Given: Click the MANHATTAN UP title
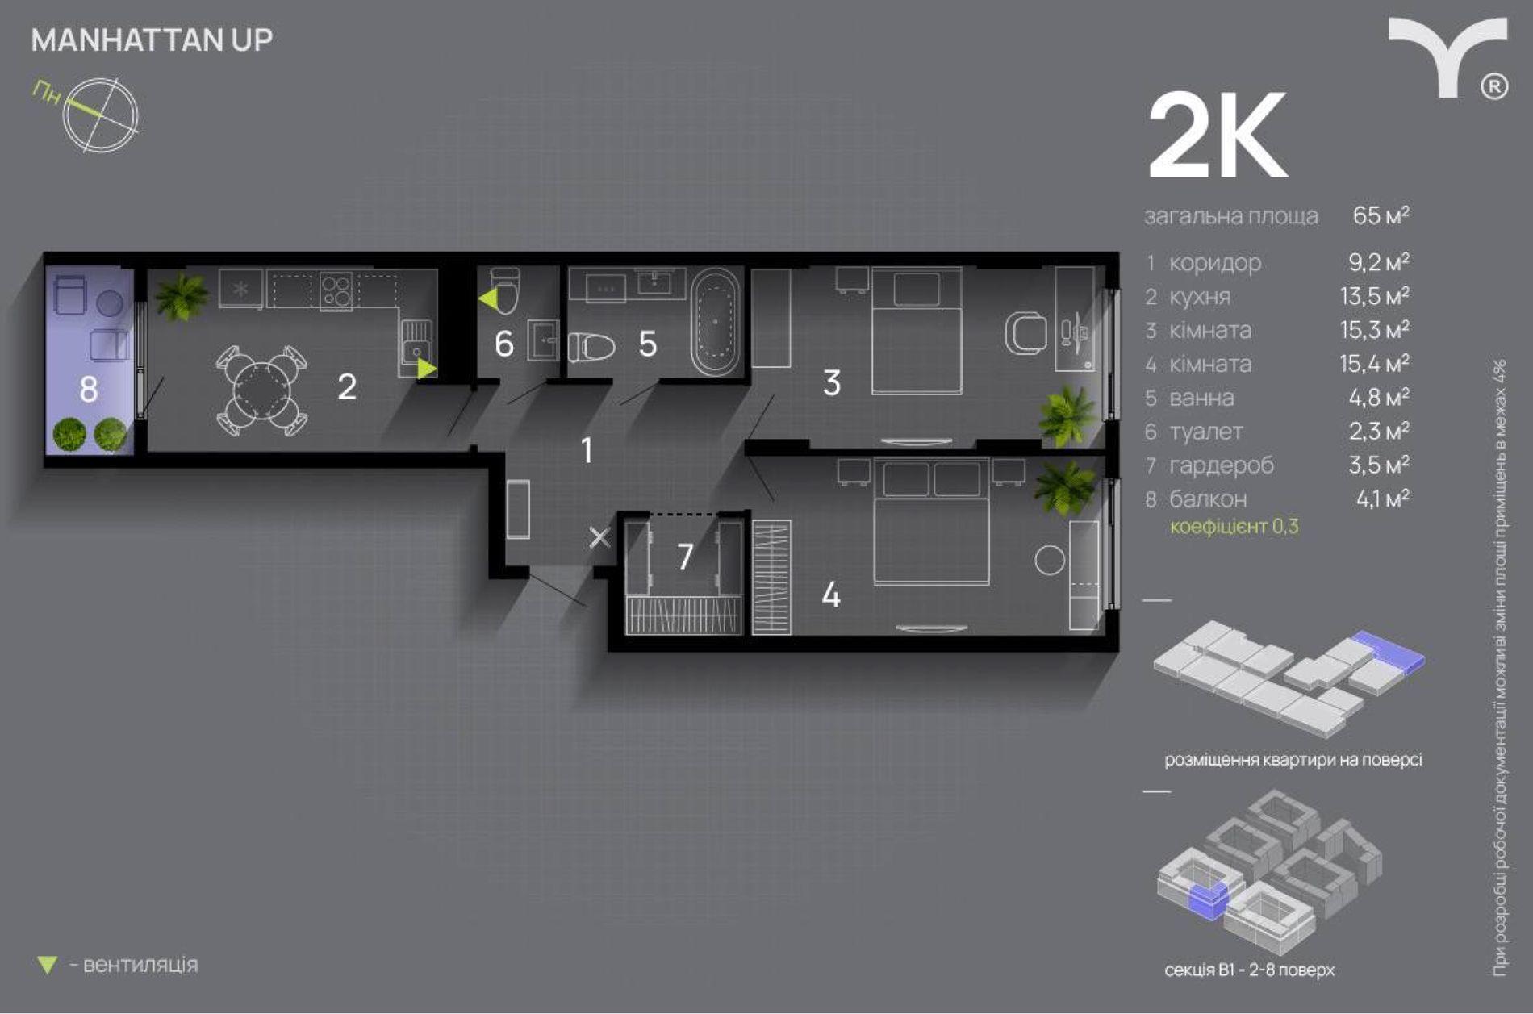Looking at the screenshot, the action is [x=152, y=40].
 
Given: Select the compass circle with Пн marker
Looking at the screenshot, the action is [x=101, y=115].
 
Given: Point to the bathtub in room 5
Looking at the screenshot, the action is [x=715, y=322].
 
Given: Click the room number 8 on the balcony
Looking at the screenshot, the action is [x=89, y=390].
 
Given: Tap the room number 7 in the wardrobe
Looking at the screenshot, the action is [x=685, y=556].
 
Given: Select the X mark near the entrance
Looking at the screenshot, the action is [x=599, y=537].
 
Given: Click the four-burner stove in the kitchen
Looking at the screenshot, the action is [x=336, y=291].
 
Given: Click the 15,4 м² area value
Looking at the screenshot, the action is [x=1375, y=364].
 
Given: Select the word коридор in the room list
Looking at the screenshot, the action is [x=1214, y=263].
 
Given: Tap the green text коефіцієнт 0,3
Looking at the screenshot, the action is [x=1234, y=527].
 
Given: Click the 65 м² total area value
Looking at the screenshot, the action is [x=1381, y=215].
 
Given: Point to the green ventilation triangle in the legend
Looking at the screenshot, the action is [x=48, y=965].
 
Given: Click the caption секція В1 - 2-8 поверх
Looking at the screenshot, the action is [x=1249, y=970].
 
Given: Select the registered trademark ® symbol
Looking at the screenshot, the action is [x=1494, y=86].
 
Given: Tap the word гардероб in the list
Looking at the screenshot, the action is [x=1222, y=465].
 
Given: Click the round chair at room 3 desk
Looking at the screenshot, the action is [x=1025, y=332].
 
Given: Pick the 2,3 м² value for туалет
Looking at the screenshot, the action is [x=1379, y=431].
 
